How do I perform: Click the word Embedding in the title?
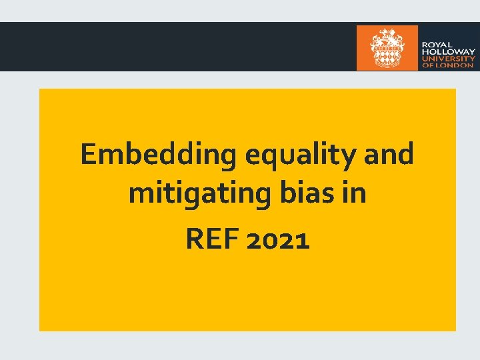(x=159, y=155)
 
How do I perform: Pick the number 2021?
(x=278, y=239)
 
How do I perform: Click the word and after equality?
(x=390, y=155)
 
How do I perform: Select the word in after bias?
(x=355, y=194)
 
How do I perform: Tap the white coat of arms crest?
(x=387, y=47)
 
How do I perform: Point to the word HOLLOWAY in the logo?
(x=447, y=52)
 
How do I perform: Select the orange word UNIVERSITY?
(x=447, y=59)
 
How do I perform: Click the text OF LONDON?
(x=447, y=65)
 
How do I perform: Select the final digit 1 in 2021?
(x=303, y=239)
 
